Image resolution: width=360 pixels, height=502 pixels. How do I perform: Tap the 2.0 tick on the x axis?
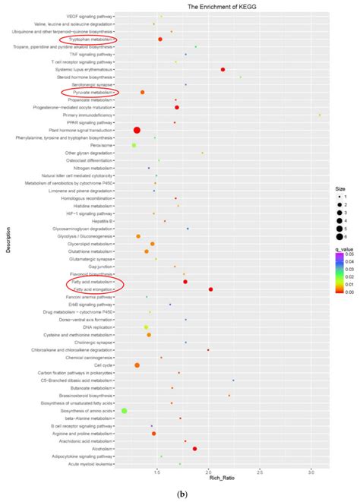coord(208,470)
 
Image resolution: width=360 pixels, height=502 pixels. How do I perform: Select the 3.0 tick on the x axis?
coord(311,470)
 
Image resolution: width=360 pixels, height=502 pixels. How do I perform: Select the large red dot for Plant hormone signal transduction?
coord(137,130)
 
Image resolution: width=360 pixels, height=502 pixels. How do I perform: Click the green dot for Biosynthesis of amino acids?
coord(125,410)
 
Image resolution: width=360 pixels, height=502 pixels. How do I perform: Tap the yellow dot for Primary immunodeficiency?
coord(320,115)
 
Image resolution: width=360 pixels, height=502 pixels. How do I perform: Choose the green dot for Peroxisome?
coord(134,145)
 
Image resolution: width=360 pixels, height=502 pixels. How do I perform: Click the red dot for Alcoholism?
coord(194,448)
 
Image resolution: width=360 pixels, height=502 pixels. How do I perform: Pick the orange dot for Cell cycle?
coord(137,365)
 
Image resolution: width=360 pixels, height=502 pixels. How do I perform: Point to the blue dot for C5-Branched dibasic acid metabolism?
coord(233,380)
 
